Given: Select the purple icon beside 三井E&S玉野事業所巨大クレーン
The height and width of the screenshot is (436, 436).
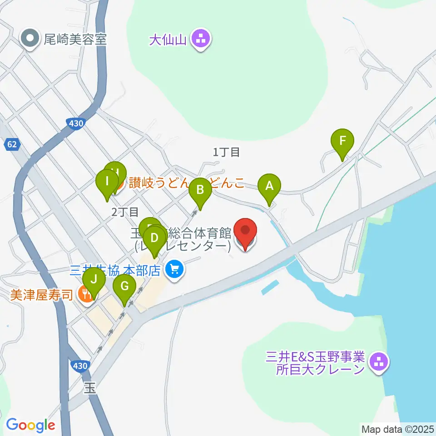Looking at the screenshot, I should click(378, 362).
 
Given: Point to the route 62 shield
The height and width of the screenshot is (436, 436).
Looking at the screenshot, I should click(12, 145).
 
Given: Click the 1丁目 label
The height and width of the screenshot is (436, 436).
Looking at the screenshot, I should click(226, 152).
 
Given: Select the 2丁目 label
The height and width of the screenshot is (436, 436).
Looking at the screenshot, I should click(124, 211).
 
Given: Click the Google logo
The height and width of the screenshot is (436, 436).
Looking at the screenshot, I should click(30, 425).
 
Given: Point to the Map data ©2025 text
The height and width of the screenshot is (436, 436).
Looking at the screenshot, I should click(397, 429).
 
